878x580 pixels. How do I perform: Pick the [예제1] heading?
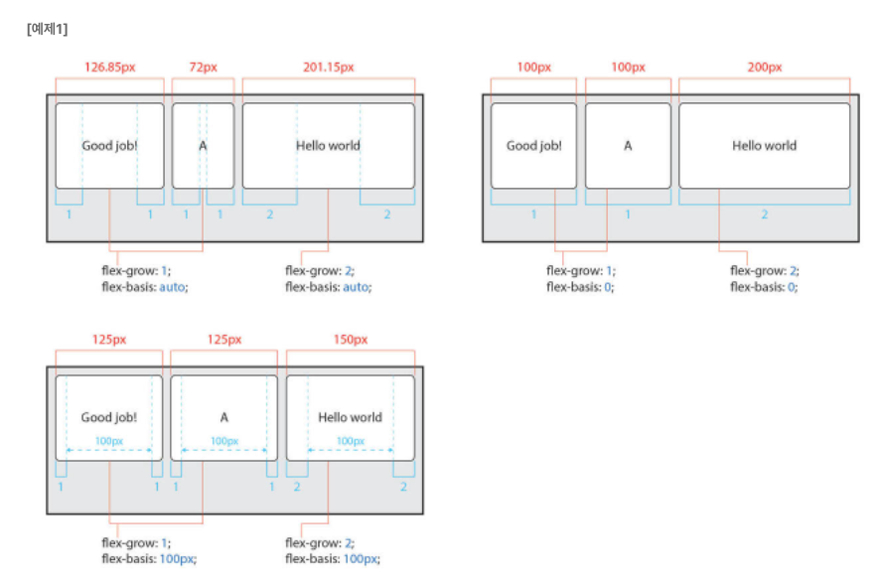point(47,29)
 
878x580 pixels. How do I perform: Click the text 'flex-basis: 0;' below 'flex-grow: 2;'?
point(764,287)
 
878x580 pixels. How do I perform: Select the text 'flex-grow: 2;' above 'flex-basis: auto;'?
point(320,271)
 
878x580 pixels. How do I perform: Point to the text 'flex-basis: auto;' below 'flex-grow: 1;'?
point(145,287)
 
